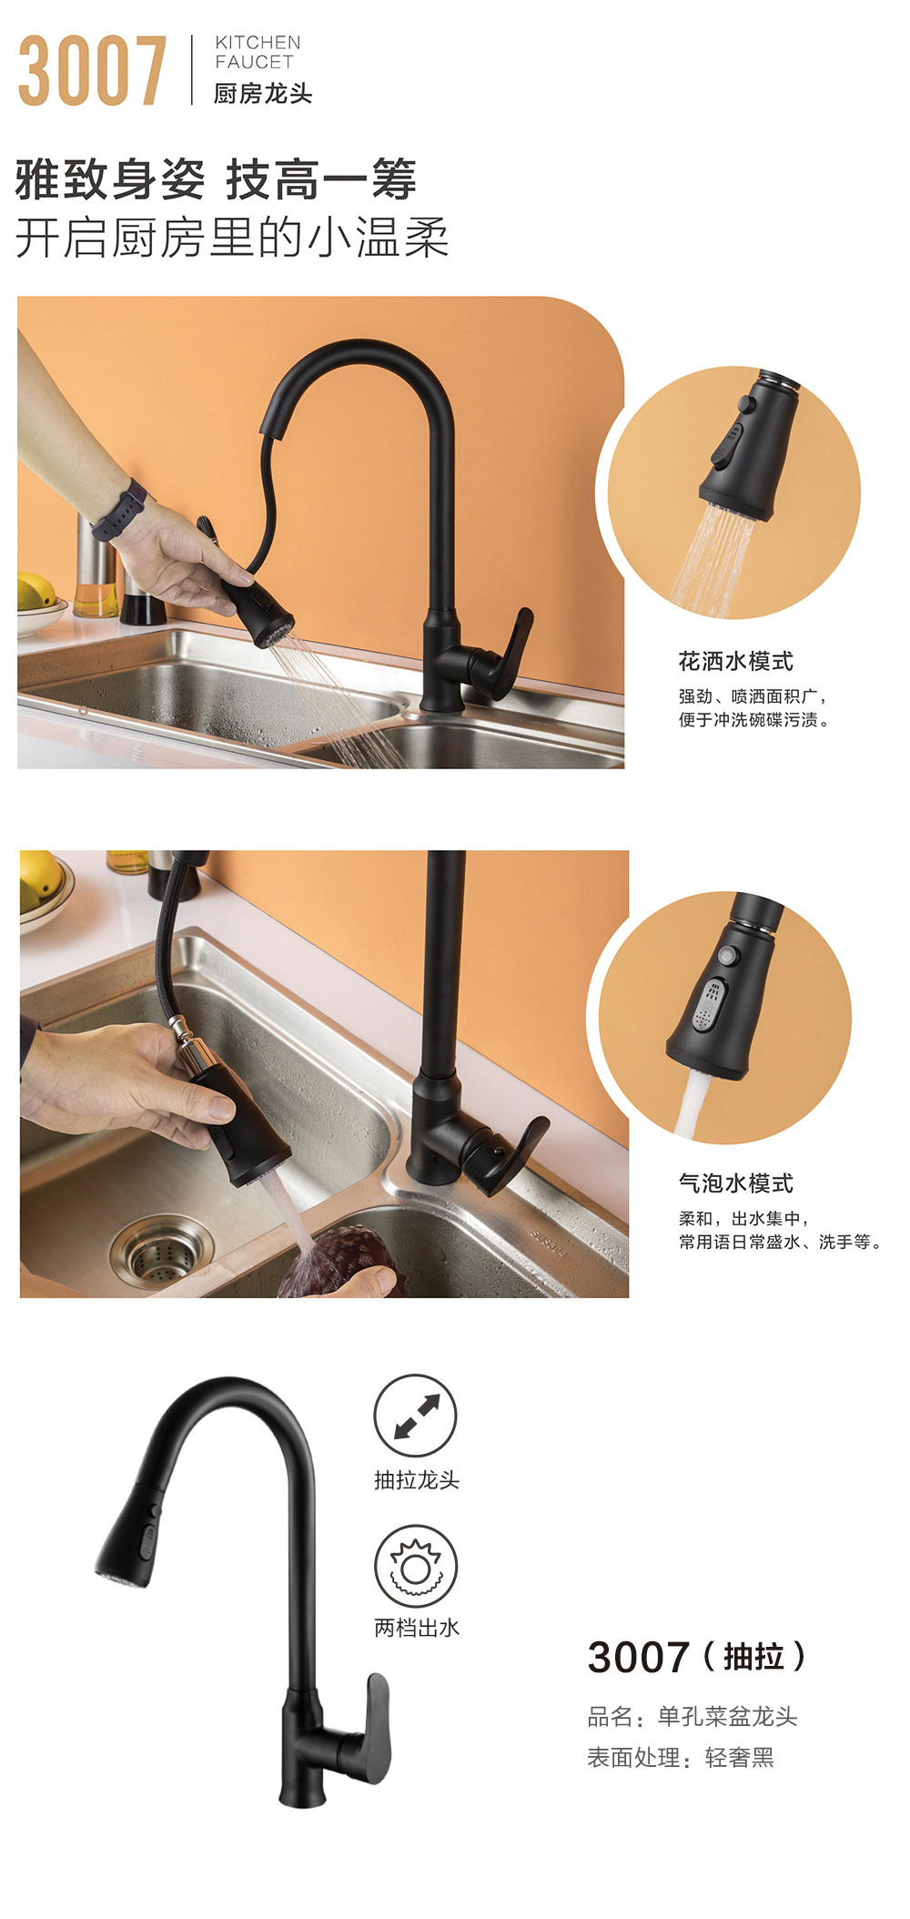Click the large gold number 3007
click(x=93, y=70)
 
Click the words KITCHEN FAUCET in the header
click(x=258, y=52)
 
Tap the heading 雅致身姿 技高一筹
click(x=216, y=178)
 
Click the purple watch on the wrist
click(x=119, y=511)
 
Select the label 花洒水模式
click(x=735, y=661)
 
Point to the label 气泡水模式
click(x=735, y=1183)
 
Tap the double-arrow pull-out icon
click(x=416, y=1416)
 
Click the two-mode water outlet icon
click(x=416, y=1567)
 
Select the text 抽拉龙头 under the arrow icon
click(x=417, y=1480)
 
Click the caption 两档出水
click(x=417, y=1628)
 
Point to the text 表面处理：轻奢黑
click(x=680, y=1757)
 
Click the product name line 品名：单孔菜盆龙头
click(x=692, y=1716)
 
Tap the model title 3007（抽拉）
click(x=697, y=1657)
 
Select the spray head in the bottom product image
click(x=127, y=1534)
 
